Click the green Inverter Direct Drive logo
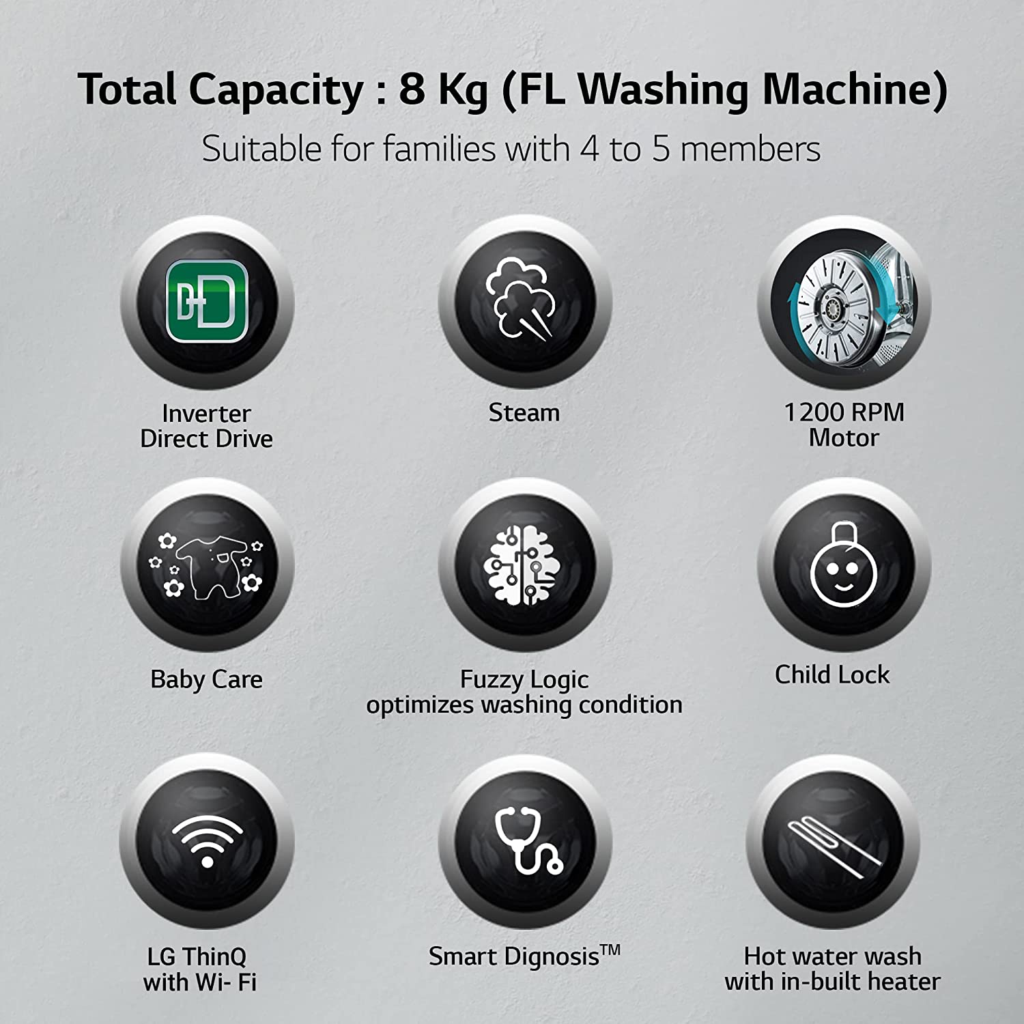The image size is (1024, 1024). [207, 300]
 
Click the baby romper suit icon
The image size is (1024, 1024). [207, 566]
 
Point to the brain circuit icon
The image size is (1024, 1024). [523, 565]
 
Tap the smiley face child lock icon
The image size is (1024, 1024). [844, 565]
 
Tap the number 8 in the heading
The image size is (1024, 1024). [412, 89]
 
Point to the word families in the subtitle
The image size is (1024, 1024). [439, 149]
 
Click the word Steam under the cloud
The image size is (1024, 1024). [524, 412]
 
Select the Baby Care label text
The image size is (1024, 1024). [206, 679]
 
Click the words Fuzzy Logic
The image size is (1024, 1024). [524, 680]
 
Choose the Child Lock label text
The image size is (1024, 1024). [832, 674]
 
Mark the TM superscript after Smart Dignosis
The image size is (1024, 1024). [610, 950]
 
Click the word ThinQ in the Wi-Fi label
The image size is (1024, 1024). [214, 957]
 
